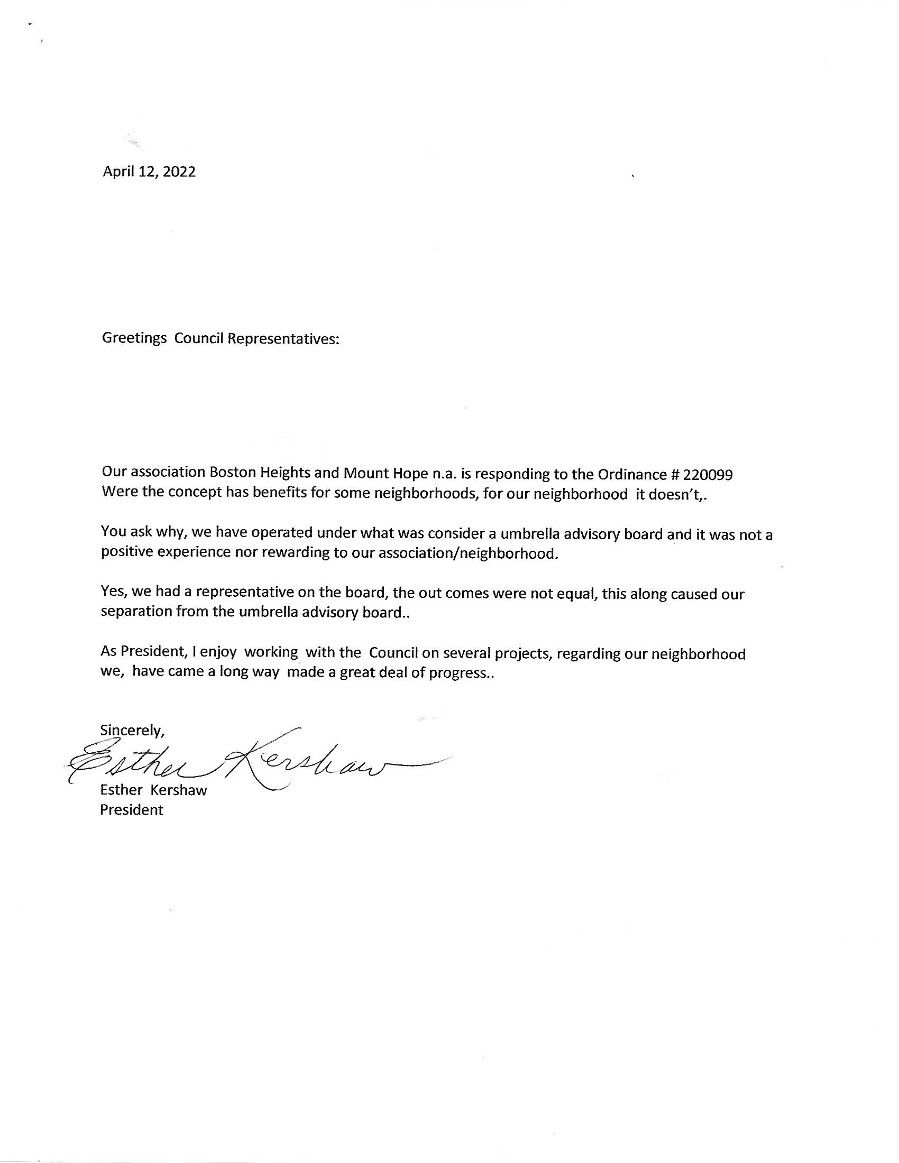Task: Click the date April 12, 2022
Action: (x=149, y=171)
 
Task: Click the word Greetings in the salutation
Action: (x=134, y=339)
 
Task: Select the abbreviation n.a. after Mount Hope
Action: (x=445, y=474)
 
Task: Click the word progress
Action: (x=461, y=673)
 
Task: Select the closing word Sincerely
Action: (x=132, y=731)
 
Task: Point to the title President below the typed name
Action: (x=132, y=810)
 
